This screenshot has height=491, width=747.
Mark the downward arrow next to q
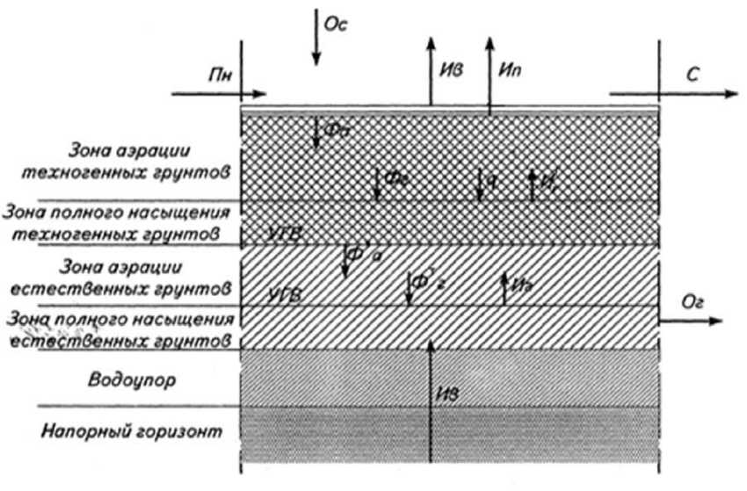478,183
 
